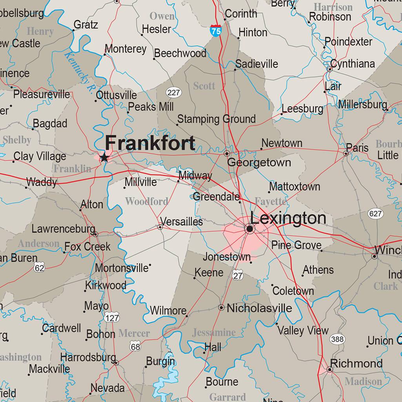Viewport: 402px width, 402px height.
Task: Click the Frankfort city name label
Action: (150, 143)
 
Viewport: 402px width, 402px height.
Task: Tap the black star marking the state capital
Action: (104, 158)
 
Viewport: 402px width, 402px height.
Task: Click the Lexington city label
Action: (288, 218)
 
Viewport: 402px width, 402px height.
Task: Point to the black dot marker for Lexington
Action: (249, 228)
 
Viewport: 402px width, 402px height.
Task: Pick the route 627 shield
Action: (375, 214)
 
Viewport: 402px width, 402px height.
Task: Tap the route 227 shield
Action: (173, 93)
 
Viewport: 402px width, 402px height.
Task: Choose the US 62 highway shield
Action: (39, 268)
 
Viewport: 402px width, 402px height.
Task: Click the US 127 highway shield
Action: (112, 318)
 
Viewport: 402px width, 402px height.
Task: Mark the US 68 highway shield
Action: (135, 347)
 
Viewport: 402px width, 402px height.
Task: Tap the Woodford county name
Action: (147, 201)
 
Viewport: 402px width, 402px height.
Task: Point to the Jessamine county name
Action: (214, 333)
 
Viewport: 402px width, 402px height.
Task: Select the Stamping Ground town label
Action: (216, 119)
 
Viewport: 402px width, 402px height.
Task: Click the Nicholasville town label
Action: (259, 308)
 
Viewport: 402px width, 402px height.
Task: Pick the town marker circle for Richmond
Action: (330, 369)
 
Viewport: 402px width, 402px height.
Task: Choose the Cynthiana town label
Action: (352, 64)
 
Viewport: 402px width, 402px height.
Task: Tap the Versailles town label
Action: (182, 222)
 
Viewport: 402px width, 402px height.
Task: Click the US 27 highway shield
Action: (238, 275)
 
